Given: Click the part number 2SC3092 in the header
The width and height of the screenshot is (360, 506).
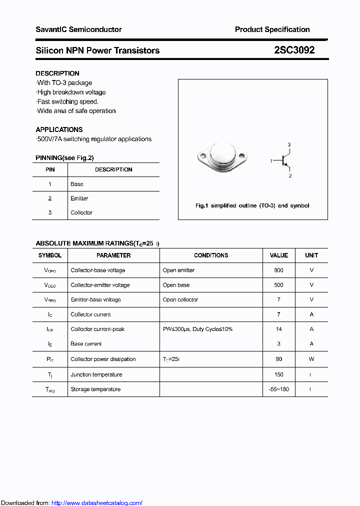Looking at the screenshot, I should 294,50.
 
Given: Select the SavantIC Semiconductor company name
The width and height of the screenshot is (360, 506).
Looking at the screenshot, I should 78,29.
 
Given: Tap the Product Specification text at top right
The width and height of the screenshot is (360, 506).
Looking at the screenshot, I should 272,29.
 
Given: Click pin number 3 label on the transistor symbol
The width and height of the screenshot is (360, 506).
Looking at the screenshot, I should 289,145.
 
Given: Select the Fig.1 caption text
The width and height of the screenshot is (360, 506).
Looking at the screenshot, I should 252,205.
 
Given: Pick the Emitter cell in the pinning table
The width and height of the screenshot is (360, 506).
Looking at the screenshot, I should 79,198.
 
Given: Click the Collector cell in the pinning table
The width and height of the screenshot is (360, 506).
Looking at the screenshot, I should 81,212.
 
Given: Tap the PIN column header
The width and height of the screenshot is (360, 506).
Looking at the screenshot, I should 50,169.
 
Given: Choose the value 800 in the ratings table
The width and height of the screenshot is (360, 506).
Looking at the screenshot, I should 278,270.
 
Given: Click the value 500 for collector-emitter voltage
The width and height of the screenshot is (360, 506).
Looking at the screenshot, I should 278,285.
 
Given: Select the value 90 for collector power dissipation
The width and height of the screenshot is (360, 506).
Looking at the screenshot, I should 278,359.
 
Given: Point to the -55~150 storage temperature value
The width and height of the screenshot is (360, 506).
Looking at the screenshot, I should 278,389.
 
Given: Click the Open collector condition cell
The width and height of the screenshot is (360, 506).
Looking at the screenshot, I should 180,299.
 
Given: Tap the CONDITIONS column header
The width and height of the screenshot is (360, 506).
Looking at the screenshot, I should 211,255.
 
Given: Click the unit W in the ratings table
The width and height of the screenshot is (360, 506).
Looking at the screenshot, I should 311,359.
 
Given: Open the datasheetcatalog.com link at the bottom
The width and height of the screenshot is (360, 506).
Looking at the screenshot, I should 97,503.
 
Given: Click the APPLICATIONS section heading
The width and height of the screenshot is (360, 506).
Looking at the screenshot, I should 59,129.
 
